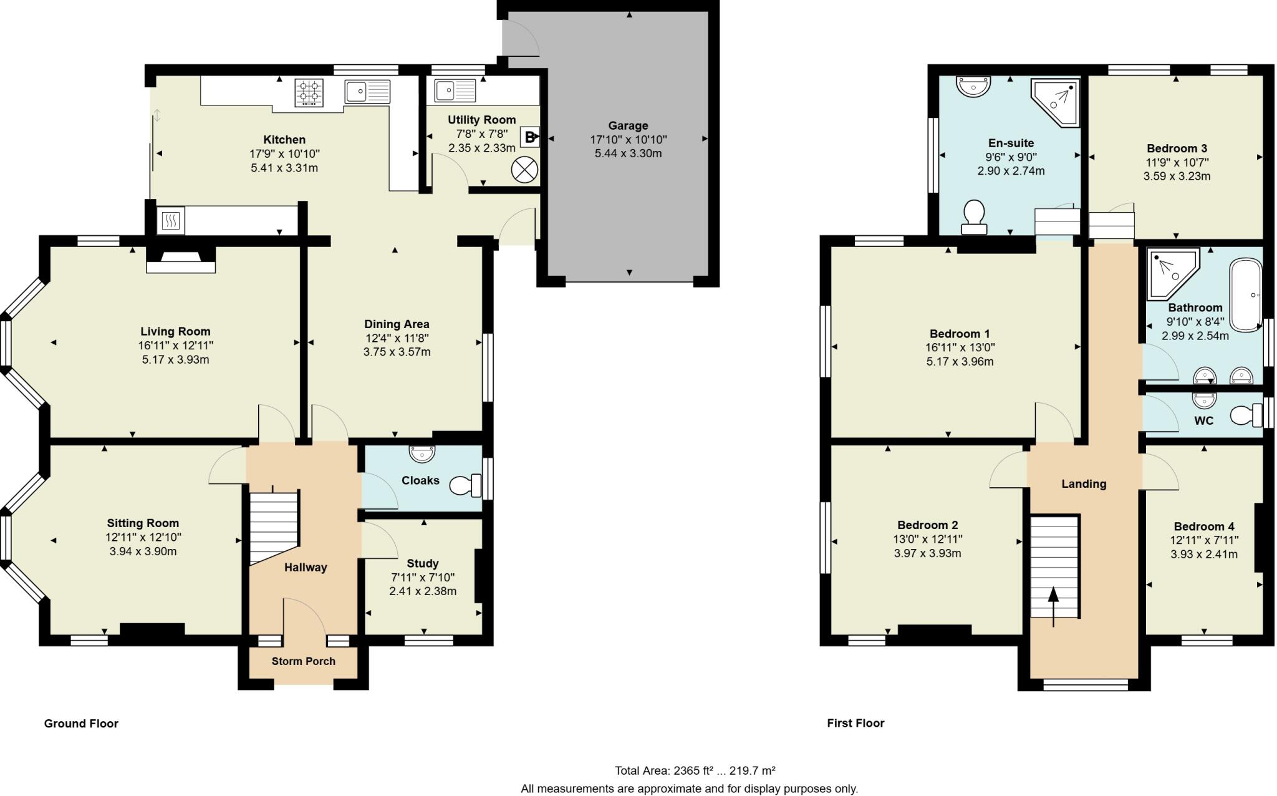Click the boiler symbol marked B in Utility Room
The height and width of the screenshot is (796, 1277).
coord(529,137)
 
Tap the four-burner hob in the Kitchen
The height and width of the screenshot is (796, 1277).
coord(309,92)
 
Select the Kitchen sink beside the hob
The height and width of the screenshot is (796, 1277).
coord(367,92)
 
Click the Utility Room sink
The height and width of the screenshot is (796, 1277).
coord(455,90)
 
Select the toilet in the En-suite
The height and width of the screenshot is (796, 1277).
coord(974,216)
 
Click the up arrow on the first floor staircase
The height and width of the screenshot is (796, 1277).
coord(1054,605)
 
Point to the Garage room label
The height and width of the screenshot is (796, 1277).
coord(628,125)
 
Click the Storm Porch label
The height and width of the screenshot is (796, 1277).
coord(304,661)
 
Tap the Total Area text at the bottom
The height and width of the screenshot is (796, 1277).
coord(695,770)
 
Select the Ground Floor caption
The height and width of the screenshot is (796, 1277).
coord(81,724)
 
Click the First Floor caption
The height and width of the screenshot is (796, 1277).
coord(855,723)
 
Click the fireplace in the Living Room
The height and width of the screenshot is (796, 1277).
coord(181,260)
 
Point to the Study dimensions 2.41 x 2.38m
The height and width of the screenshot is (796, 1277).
coord(423,591)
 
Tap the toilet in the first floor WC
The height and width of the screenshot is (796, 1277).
coord(1246,415)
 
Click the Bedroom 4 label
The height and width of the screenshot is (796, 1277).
coord(1203,527)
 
